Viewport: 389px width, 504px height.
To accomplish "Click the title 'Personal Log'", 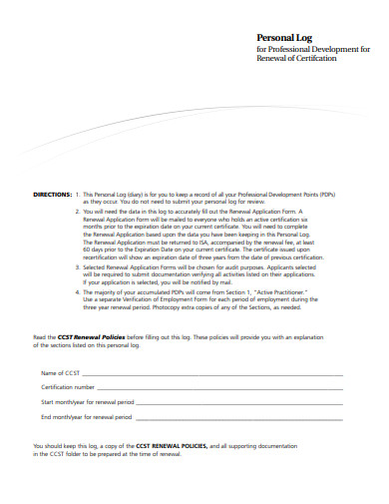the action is click(284, 36).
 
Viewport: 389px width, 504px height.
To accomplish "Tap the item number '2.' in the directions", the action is click(78, 213).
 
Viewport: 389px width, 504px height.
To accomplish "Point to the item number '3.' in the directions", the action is click(78, 268).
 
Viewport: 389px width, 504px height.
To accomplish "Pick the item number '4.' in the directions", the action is click(78, 291).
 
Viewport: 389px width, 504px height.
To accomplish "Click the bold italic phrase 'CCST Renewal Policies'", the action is click(90, 337).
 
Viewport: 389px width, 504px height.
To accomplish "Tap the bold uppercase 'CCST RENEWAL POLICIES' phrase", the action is click(171, 445).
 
